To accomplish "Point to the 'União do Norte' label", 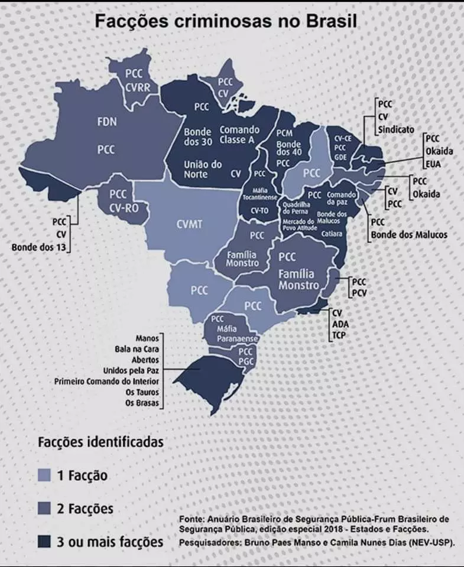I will click(x=203, y=169).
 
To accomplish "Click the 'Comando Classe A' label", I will click(x=239, y=135).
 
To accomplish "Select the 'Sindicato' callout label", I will click(x=396, y=129).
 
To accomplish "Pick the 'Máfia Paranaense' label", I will click(x=230, y=334).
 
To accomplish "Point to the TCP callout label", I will click(x=339, y=335).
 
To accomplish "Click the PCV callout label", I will click(x=358, y=292).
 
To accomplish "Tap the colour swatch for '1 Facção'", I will click(x=46, y=474).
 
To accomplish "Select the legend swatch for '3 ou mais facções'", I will click(x=46, y=541).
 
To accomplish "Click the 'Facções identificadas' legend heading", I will click(x=100, y=441).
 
